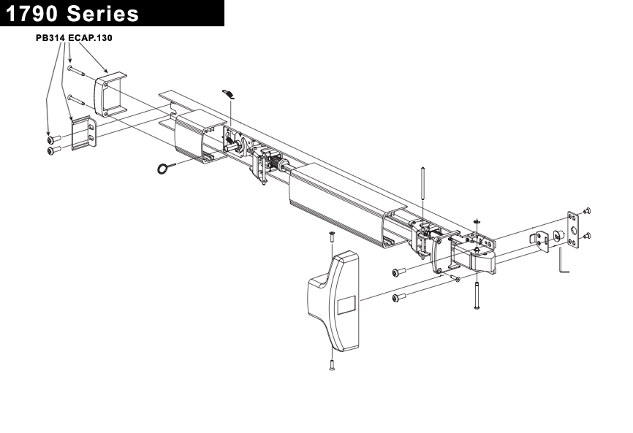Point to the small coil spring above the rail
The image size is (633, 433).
[229, 93]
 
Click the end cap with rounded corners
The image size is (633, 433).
[110, 94]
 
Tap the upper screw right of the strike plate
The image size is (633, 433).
[588, 212]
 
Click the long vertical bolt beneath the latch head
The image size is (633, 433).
[477, 292]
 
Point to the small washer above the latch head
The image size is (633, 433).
[476, 221]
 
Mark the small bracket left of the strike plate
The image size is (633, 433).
[540, 240]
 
